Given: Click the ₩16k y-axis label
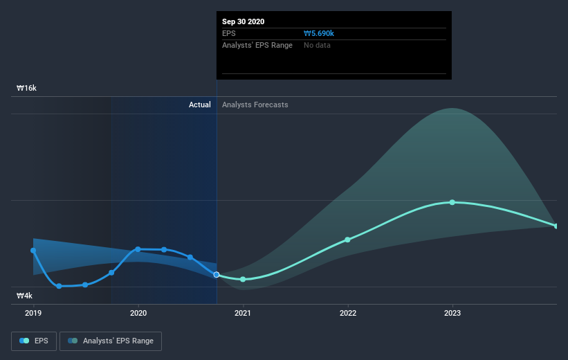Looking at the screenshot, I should pyautogui.click(x=26, y=89).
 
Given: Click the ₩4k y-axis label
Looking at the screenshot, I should pyautogui.click(x=25, y=296).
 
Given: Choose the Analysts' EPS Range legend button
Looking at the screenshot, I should pyautogui.click(x=111, y=341).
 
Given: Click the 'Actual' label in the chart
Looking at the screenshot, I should pyautogui.click(x=200, y=105).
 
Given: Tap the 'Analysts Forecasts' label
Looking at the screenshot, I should pyautogui.click(x=255, y=105).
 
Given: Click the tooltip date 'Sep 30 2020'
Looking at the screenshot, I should pyautogui.click(x=243, y=21).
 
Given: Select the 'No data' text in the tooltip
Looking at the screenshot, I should pyautogui.click(x=317, y=45).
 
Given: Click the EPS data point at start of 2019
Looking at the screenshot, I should pyautogui.click(x=33, y=251).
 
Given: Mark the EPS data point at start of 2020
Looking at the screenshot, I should pyautogui.click(x=138, y=249).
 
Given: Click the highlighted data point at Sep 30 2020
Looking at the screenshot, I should pyautogui.click(x=217, y=275).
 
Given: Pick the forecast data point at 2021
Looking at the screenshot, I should pyautogui.click(x=243, y=279).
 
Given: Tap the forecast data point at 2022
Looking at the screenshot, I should pyautogui.click(x=348, y=240).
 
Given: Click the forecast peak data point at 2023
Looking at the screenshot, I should pyautogui.click(x=452, y=202).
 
